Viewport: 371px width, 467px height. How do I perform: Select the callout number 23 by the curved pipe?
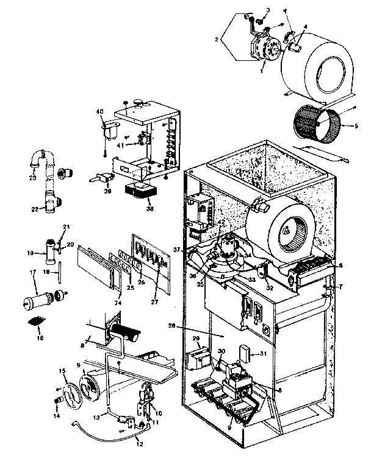32,178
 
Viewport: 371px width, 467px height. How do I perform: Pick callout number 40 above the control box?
101,111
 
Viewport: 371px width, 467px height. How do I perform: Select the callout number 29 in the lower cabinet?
196,338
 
